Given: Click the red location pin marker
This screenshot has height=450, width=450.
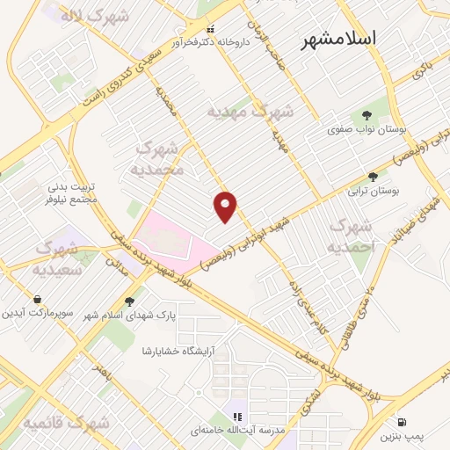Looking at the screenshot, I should (x=226, y=206).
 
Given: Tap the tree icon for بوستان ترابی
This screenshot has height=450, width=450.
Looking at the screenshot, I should (x=373, y=177).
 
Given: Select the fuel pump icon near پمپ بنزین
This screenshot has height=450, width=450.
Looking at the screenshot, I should (x=403, y=422).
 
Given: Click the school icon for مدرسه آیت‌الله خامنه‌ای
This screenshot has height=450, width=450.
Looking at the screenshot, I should (x=236, y=416).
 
